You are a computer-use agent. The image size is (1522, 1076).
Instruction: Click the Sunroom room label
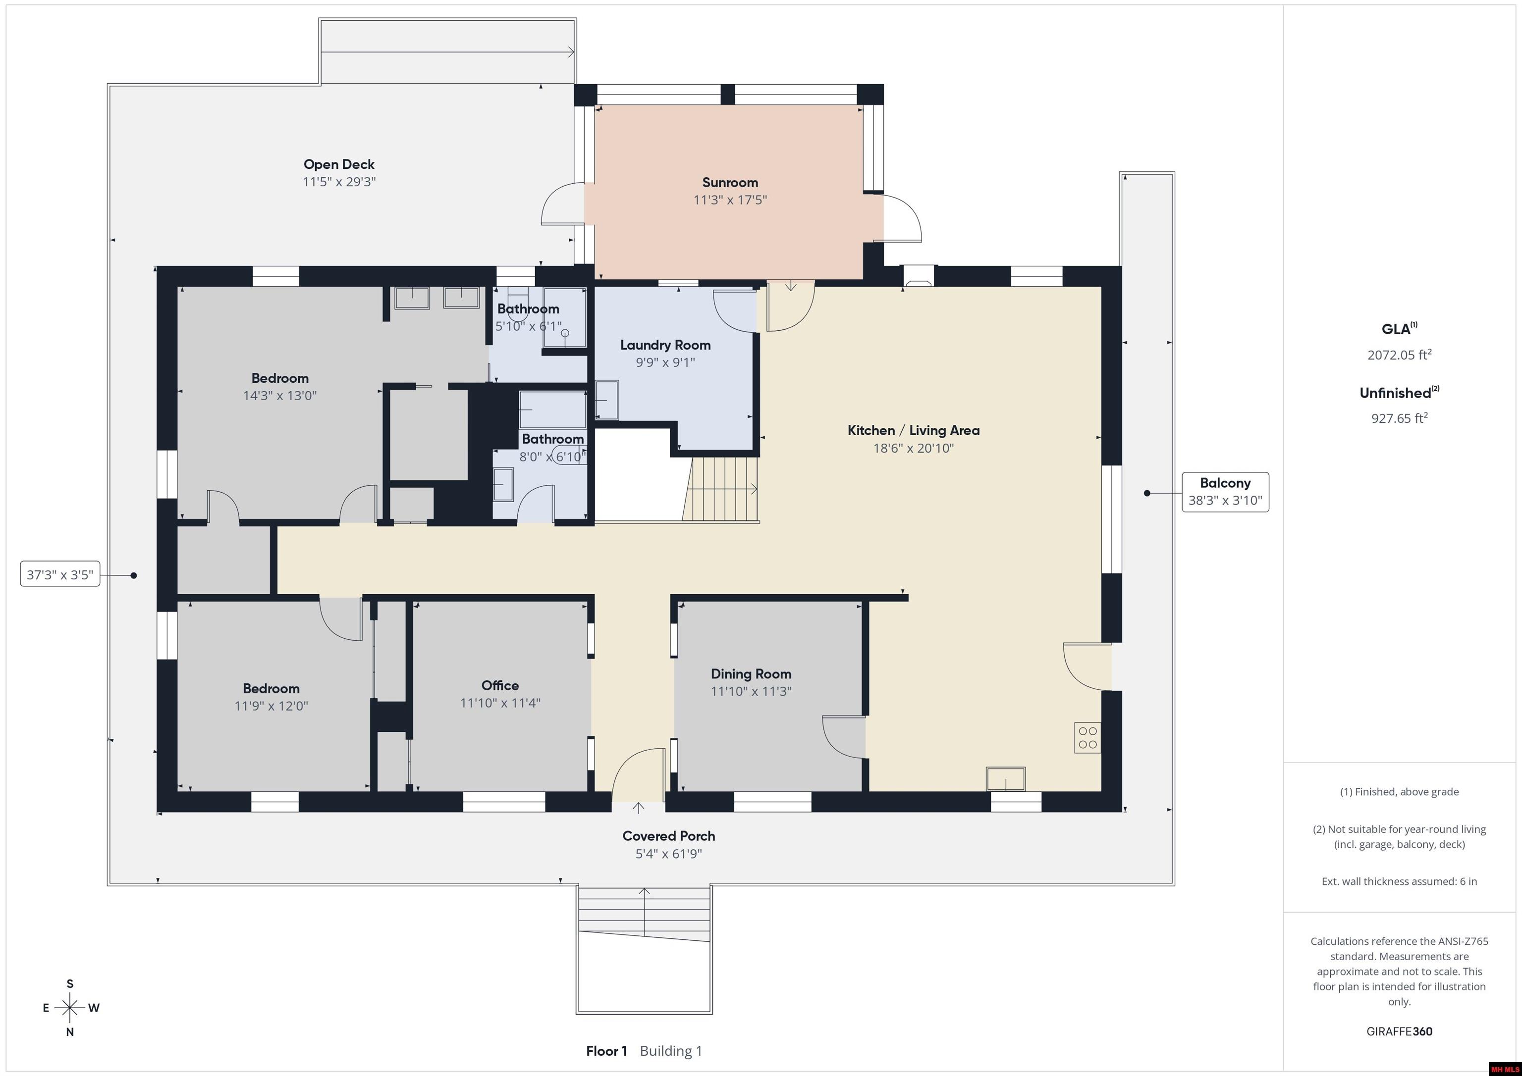click(x=730, y=182)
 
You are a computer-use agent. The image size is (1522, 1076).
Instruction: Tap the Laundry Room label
click(x=665, y=345)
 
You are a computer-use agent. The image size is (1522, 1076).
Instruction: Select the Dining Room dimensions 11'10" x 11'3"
click(x=751, y=691)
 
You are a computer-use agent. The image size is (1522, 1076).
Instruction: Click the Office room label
click(x=500, y=685)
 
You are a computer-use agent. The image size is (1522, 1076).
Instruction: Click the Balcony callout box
click(x=1225, y=492)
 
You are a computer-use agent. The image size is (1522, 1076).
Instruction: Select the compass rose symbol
click(x=69, y=1008)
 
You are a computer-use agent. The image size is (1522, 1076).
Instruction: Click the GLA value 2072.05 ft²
click(x=1399, y=355)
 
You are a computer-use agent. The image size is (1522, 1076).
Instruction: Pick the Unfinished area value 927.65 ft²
click(x=1399, y=418)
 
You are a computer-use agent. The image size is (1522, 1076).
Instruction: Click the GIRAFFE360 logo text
click(x=1399, y=1031)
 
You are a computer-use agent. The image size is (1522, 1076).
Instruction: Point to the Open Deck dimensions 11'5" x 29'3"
click(x=339, y=182)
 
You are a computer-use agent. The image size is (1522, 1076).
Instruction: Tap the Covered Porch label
click(x=668, y=836)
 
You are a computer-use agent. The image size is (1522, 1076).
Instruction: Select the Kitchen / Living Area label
click(x=914, y=430)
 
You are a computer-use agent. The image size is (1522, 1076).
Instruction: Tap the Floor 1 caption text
click(x=606, y=1051)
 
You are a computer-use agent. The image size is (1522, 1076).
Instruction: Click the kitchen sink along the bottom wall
click(x=1006, y=778)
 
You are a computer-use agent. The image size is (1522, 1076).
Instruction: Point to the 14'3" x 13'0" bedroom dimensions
click(x=280, y=396)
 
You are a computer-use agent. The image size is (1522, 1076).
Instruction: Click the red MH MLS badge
click(x=1504, y=1069)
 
